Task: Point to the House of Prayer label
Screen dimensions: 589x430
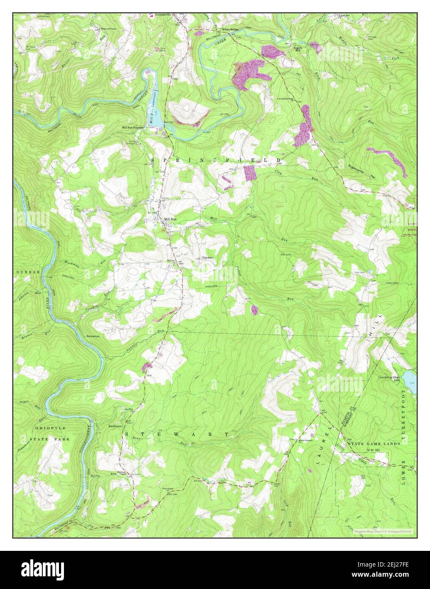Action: (108, 28)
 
